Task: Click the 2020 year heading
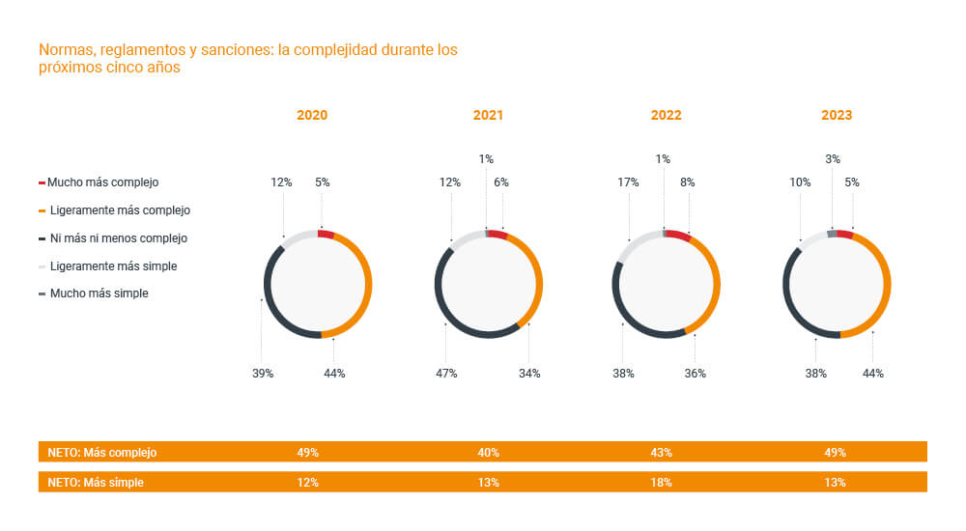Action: click(x=312, y=115)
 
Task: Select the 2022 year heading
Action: click(x=666, y=115)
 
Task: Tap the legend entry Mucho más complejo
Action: click(x=102, y=182)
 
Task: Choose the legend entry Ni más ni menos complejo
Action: click(x=118, y=238)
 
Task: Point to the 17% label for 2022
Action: click(x=628, y=182)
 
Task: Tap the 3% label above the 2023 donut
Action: click(x=832, y=158)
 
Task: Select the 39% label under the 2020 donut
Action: click(x=262, y=373)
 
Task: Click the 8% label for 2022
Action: click(x=688, y=182)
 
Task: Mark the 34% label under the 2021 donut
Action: click(x=529, y=373)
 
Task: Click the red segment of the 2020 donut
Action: click(x=326, y=234)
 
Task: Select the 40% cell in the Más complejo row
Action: click(x=488, y=452)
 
